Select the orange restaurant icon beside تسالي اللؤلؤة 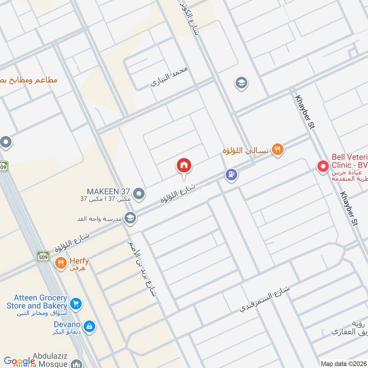coord(276,149)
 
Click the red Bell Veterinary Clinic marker coord(323,167)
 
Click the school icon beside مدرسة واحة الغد coord(130,217)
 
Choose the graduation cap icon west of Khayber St coord(240,83)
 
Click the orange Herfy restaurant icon coord(61,263)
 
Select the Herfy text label coord(79,261)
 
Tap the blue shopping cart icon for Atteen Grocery coord(76,303)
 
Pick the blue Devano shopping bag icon coord(90,327)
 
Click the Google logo coord(19,361)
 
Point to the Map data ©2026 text coord(343,363)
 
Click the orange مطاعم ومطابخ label coord(29,80)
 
